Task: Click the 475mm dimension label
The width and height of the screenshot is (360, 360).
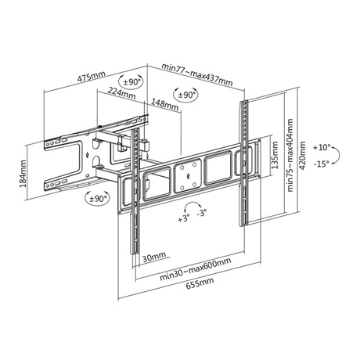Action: coord(91,76)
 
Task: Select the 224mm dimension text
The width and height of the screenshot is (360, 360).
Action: coord(122,93)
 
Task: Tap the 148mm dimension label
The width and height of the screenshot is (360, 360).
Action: coord(165,104)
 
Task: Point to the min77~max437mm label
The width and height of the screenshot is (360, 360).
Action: coord(197,74)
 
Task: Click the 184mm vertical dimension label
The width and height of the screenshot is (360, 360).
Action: coord(23,174)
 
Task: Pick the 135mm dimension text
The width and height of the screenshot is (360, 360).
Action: coord(275,155)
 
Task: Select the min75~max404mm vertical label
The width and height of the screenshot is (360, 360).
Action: coord(290,156)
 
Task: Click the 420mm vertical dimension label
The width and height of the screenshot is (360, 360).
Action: coord(302,156)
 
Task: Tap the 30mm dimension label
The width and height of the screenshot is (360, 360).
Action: coord(154,257)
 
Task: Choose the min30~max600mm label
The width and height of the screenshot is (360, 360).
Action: coord(196,268)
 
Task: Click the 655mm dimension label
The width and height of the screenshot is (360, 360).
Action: coord(200,283)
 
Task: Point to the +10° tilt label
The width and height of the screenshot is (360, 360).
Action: coord(322,148)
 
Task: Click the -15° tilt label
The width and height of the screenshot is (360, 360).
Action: coord(322,164)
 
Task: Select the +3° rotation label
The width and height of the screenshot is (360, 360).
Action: coord(184,218)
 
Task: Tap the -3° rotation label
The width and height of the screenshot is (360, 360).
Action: coord(202,212)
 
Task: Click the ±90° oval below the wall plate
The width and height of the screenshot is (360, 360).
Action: coord(97,199)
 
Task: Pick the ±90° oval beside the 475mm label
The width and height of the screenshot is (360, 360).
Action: coord(131,82)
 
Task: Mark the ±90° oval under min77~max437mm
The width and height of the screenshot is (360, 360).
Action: coord(185,95)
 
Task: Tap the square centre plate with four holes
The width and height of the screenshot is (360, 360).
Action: coord(188,175)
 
